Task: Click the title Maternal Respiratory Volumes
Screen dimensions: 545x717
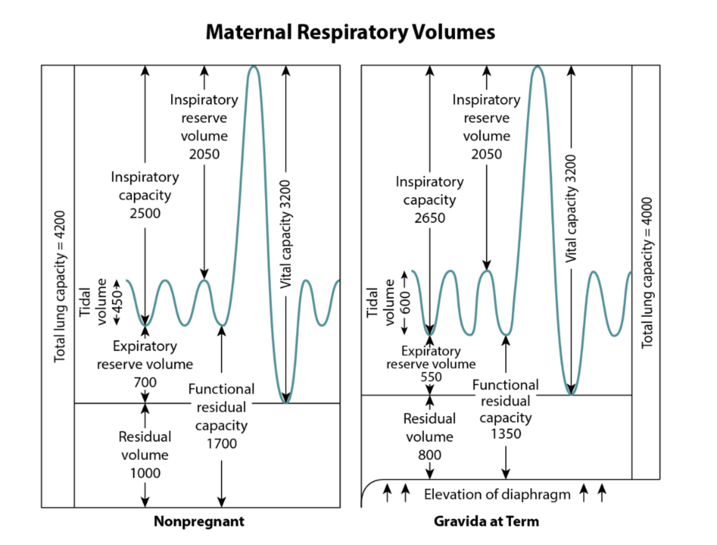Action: (x=350, y=32)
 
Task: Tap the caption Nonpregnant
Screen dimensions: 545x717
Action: (x=199, y=521)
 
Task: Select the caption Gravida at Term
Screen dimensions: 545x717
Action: (x=486, y=521)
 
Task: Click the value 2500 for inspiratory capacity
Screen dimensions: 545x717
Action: (x=145, y=213)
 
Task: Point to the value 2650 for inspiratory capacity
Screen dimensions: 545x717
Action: (x=429, y=218)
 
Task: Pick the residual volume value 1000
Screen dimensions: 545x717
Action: (x=145, y=473)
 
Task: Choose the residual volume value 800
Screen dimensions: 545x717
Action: (x=429, y=455)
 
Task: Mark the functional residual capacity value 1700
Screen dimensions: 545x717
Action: (x=221, y=443)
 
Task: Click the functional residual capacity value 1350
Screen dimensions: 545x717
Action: (x=505, y=434)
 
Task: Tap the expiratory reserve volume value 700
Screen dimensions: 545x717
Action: (x=145, y=382)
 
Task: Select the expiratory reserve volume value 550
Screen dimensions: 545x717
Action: (x=431, y=377)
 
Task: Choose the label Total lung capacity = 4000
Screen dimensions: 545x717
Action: (x=647, y=273)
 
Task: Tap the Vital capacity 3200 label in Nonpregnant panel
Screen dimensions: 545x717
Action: (x=285, y=234)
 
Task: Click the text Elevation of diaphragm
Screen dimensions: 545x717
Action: (x=497, y=494)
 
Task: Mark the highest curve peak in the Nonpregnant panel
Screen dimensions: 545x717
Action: (x=254, y=67)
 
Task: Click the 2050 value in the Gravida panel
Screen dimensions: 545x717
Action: (x=486, y=154)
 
